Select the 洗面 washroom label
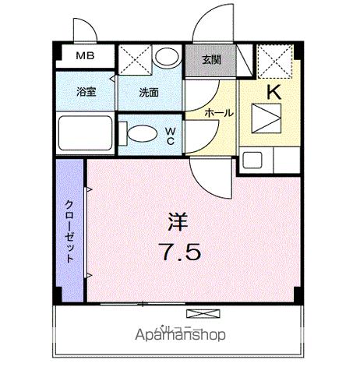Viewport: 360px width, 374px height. click(x=148, y=92)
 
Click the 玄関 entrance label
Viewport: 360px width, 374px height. click(x=211, y=58)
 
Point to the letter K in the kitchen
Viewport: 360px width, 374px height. click(x=274, y=91)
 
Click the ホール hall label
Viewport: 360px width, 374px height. click(x=218, y=114)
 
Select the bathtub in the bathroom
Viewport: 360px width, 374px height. click(x=84, y=134)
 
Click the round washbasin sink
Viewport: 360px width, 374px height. click(x=166, y=57)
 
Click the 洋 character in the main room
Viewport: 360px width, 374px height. click(x=177, y=222)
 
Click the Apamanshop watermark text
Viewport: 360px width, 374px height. click(x=181, y=336)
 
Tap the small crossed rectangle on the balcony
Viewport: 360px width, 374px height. click(x=199, y=313)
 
